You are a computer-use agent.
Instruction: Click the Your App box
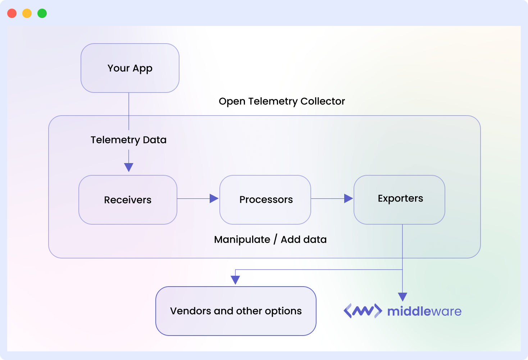click(x=130, y=68)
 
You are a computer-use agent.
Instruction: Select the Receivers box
click(x=128, y=200)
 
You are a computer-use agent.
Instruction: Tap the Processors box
click(x=265, y=200)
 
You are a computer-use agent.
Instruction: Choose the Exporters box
click(x=399, y=200)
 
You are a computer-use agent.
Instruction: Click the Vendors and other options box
click(x=236, y=311)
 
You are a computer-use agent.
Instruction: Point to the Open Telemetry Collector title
click(x=282, y=102)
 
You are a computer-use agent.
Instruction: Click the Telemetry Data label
click(x=128, y=140)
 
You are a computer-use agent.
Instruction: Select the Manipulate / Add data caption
click(x=270, y=239)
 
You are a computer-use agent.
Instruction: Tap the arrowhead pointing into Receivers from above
click(x=129, y=167)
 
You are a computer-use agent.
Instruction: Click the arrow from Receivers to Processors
click(x=198, y=198)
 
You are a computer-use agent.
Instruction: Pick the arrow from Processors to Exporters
click(x=332, y=198)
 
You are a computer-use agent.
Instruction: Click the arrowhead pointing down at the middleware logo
click(x=402, y=297)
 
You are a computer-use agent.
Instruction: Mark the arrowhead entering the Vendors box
click(x=235, y=280)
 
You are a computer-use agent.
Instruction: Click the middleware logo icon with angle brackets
click(x=363, y=311)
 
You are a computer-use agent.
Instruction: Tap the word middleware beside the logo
click(x=424, y=311)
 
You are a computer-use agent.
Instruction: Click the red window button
click(x=12, y=13)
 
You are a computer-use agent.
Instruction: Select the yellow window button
click(x=27, y=13)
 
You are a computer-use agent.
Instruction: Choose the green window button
click(x=42, y=13)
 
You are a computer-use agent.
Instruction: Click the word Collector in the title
click(x=323, y=102)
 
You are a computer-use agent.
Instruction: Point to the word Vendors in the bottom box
click(x=191, y=311)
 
